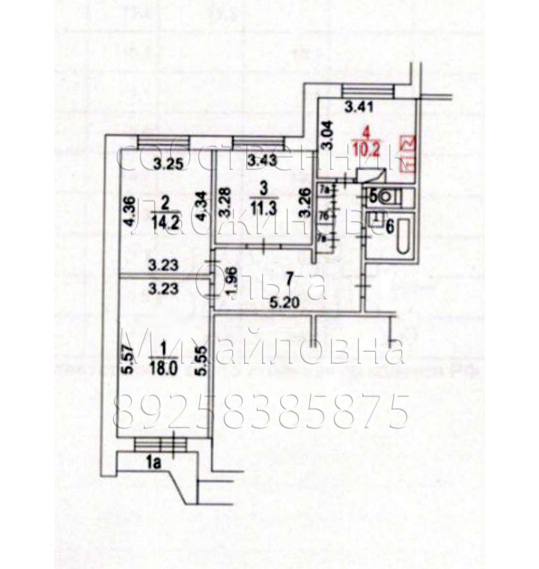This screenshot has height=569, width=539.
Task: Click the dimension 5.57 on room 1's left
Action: click(129, 362)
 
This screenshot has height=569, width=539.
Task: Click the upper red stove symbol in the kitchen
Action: click(409, 143)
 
